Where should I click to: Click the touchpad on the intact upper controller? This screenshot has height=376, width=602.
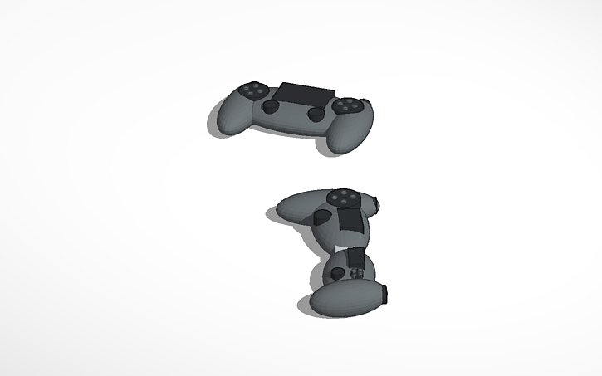point(305,92)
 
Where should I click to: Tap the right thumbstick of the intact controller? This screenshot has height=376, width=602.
point(316,114)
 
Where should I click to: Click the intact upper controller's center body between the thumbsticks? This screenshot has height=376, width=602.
point(294,117)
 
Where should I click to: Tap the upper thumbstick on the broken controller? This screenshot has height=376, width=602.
point(321,218)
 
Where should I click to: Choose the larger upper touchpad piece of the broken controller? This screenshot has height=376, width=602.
point(350,221)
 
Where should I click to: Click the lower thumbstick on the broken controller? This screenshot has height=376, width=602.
point(337,271)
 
